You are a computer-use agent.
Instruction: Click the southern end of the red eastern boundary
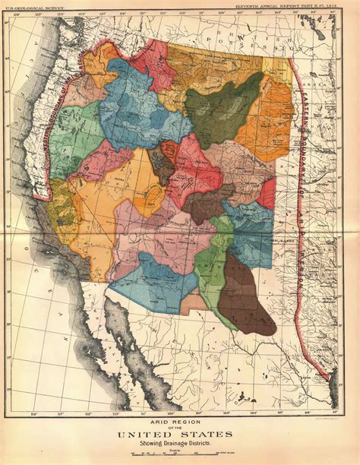click(328, 376)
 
